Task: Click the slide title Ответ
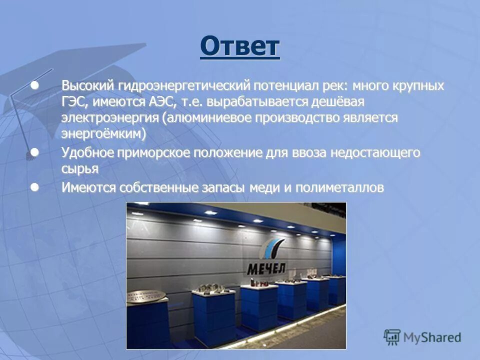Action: (x=240, y=47)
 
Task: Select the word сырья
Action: (x=79, y=169)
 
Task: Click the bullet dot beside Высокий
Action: (x=34, y=85)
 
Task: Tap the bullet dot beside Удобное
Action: (x=34, y=152)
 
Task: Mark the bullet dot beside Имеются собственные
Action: (x=34, y=187)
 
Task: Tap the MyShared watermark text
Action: (x=432, y=337)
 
